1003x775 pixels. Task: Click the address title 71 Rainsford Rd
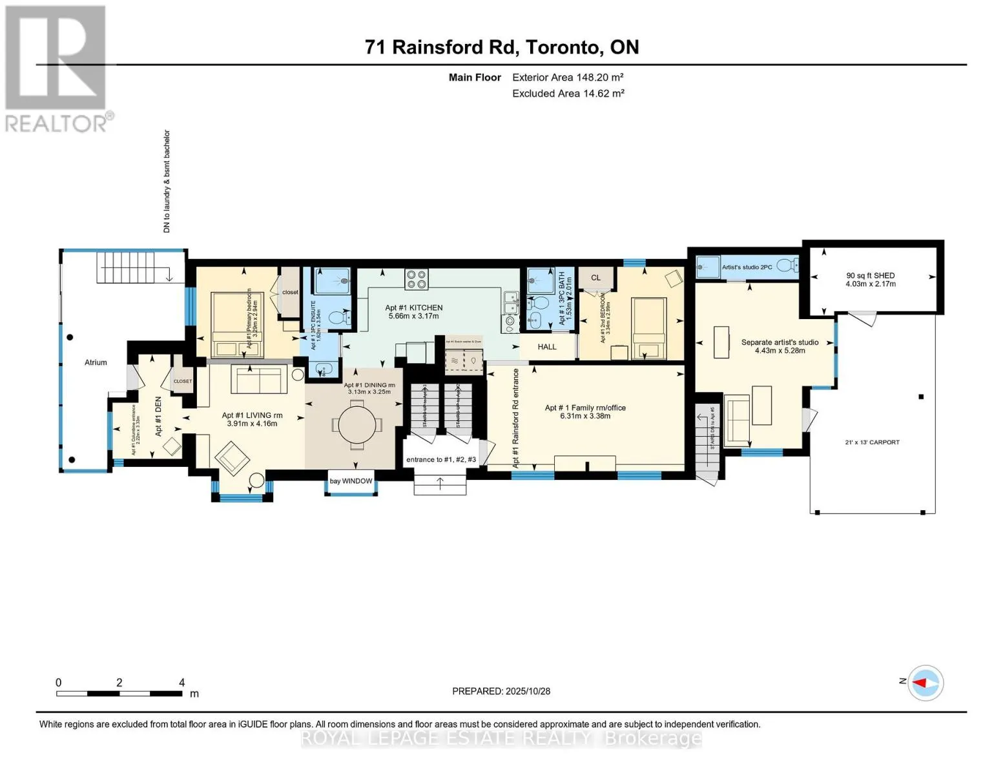click(501, 47)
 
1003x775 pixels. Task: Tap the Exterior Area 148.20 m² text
click(567, 77)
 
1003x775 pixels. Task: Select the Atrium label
click(96, 362)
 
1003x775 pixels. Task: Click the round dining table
click(357, 424)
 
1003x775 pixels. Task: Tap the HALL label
click(546, 347)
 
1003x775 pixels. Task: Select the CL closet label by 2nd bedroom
click(595, 278)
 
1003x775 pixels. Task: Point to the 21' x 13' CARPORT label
click(872, 442)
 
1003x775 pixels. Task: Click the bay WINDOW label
click(351, 481)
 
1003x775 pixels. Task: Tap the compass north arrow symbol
click(925, 682)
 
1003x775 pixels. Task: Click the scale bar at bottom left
click(119, 694)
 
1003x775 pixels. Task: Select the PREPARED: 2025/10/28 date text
click(501, 691)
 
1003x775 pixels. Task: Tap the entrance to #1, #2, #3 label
click(440, 460)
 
